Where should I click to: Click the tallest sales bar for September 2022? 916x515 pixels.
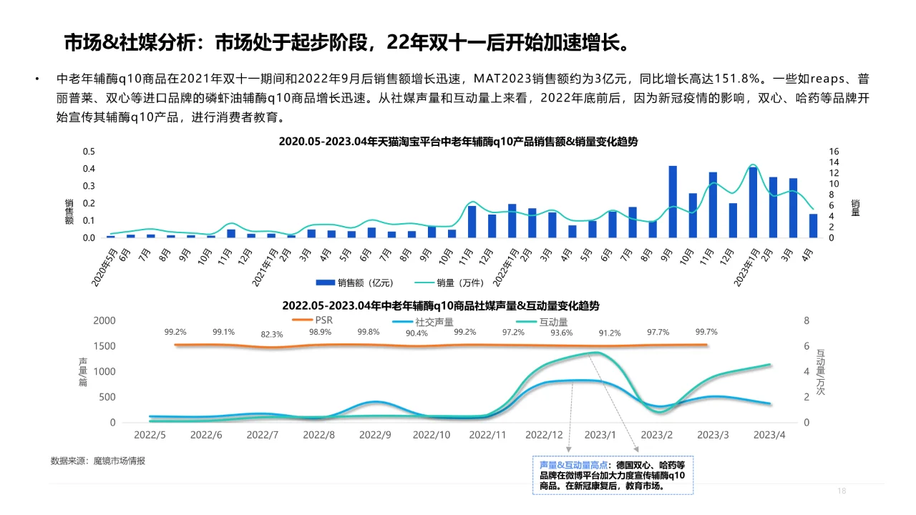tap(673, 202)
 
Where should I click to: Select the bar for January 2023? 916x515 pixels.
tap(753, 202)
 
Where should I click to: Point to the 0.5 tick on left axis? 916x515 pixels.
tap(89, 152)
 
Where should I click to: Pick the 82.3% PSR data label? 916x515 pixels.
tap(272, 334)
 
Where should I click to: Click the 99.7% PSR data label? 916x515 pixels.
tap(706, 332)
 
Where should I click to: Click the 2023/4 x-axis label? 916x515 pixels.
tap(771, 434)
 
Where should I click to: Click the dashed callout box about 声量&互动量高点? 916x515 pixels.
tap(613, 475)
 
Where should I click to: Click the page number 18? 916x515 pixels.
tap(842, 491)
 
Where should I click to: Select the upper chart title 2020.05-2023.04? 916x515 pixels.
tap(458, 142)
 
